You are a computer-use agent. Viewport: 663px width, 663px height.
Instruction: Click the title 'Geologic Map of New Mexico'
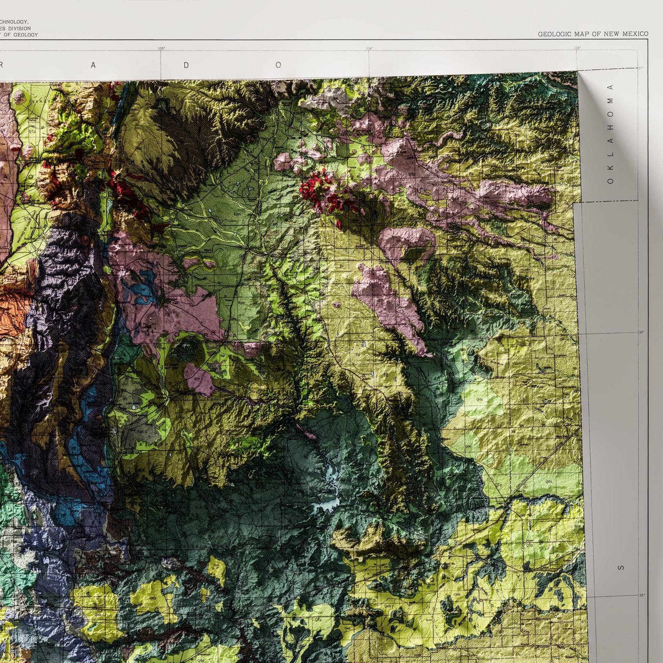pyautogui.click(x=593, y=34)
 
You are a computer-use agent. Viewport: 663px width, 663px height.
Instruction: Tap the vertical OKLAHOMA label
pyautogui.click(x=610, y=133)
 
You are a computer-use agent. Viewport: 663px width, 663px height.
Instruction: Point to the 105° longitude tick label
pyautogui.click(x=161, y=48)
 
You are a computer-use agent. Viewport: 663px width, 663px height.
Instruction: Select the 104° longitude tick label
pyautogui.click(x=369, y=48)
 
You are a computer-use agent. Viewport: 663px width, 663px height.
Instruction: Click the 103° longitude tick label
pyautogui.click(x=577, y=48)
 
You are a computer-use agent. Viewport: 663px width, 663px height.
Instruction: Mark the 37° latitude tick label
pyautogui.click(x=641, y=68)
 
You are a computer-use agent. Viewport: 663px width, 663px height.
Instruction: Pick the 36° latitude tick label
pyautogui.click(x=641, y=332)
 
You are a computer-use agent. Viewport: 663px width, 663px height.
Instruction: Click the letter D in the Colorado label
pyautogui.click(x=186, y=65)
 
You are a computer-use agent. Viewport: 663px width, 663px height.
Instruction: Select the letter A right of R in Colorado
pyautogui.click(x=93, y=65)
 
